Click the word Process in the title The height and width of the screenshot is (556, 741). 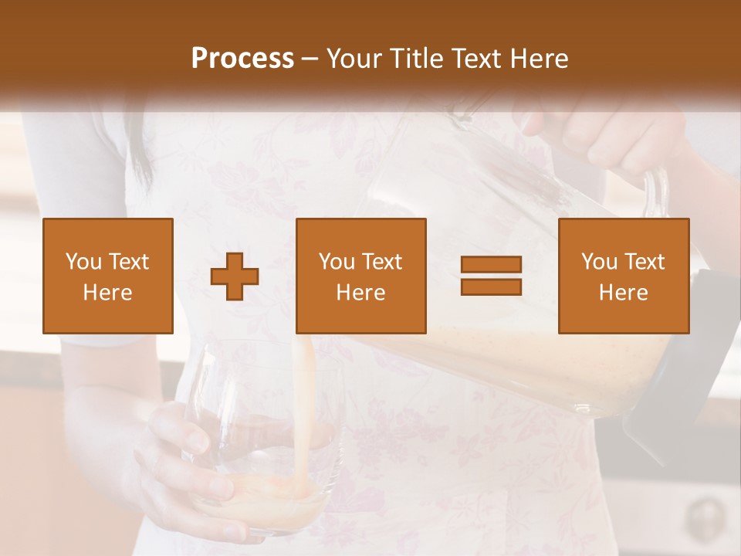242,59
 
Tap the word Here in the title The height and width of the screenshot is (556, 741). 539,59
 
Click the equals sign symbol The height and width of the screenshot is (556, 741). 491,276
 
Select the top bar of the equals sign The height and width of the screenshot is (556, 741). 491,265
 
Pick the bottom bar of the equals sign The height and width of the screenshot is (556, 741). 491,286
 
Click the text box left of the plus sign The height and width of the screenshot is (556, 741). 108,276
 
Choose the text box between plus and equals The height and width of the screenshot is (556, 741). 361,276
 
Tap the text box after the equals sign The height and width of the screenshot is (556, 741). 624,276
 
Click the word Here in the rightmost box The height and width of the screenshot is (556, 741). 624,293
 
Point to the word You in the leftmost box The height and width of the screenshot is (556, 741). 83,262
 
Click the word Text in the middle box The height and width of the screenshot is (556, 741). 383,262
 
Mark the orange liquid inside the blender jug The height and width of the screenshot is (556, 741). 540,363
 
